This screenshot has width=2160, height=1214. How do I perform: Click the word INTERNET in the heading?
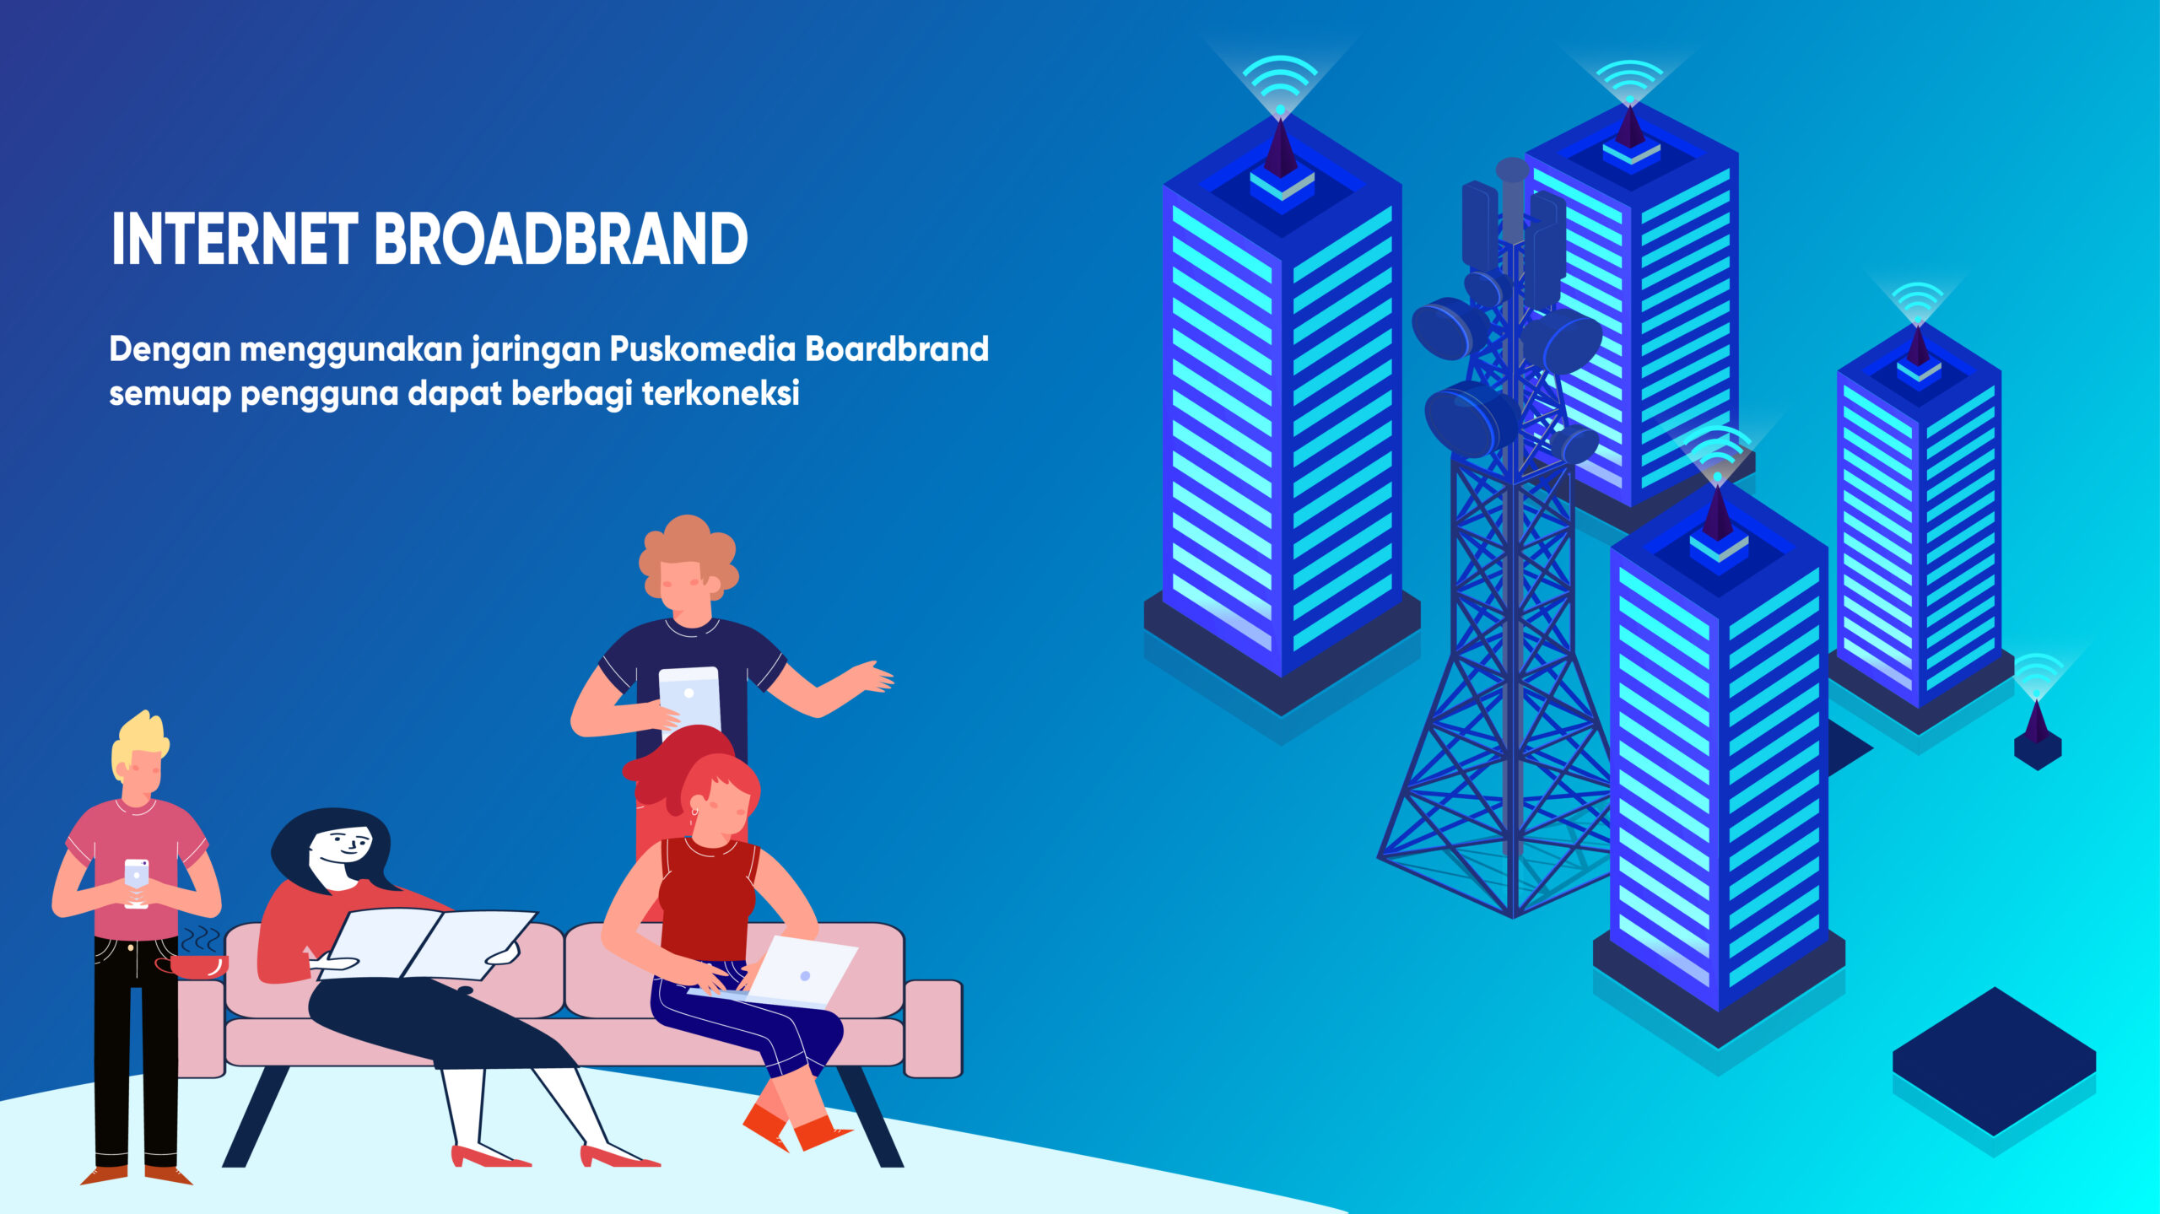235,239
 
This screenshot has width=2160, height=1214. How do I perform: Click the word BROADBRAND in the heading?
560,239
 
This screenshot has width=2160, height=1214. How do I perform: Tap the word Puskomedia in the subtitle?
702,349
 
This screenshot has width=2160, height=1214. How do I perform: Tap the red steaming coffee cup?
192,965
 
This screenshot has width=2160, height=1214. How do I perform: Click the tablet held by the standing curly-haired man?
690,699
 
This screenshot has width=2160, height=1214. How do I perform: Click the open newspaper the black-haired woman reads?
430,945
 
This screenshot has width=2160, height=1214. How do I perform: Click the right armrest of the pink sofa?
932,1028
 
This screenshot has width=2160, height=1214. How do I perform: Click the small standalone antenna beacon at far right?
2038,734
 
